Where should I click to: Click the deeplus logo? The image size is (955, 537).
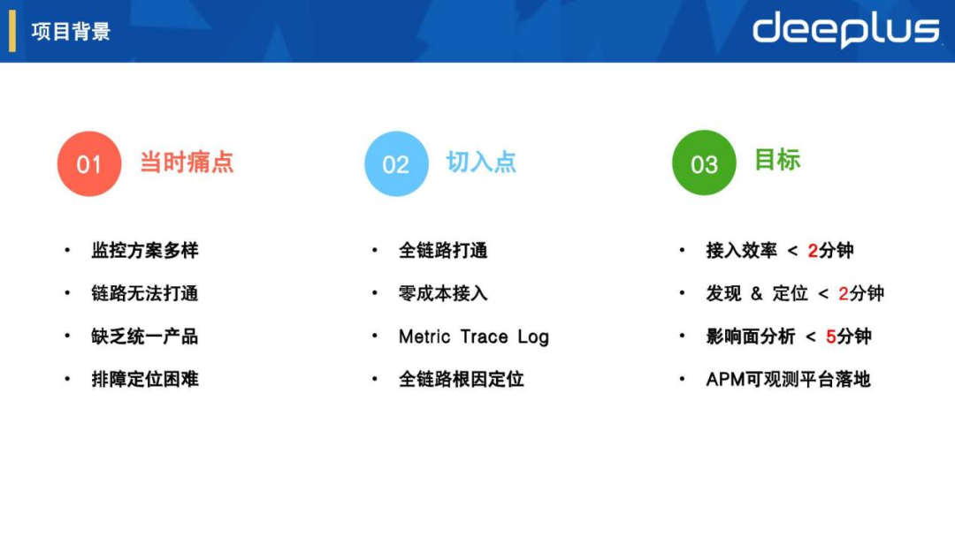(845, 30)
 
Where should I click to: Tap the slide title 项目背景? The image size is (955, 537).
(71, 33)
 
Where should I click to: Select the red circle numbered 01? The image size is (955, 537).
(89, 164)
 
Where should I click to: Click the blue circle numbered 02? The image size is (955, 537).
(396, 164)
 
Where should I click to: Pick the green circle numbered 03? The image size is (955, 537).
(704, 164)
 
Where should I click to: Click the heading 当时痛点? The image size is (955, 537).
(187, 163)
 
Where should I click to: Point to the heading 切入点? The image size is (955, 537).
(481, 163)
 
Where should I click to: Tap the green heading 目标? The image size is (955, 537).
(777, 160)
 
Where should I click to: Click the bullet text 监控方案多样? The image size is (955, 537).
(145, 251)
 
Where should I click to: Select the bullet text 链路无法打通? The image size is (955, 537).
(145, 293)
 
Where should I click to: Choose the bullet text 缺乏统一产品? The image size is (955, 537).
(145, 337)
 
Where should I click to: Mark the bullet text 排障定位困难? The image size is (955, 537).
(145, 379)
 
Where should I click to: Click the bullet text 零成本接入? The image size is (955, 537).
(443, 293)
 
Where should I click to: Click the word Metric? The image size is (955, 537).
(425, 337)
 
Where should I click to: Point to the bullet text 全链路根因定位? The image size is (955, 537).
(461, 379)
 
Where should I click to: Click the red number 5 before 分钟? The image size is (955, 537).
(831, 337)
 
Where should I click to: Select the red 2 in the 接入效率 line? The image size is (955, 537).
(814, 251)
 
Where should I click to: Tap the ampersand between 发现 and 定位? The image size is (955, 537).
(756, 293)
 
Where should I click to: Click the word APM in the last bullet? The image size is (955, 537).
(724, 379)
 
